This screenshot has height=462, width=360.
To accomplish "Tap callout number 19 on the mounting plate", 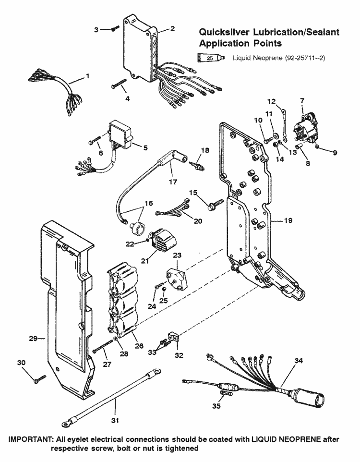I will [288, 221].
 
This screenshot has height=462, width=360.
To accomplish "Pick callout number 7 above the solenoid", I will [301, 101].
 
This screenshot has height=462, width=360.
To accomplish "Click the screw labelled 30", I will [39, 380].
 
